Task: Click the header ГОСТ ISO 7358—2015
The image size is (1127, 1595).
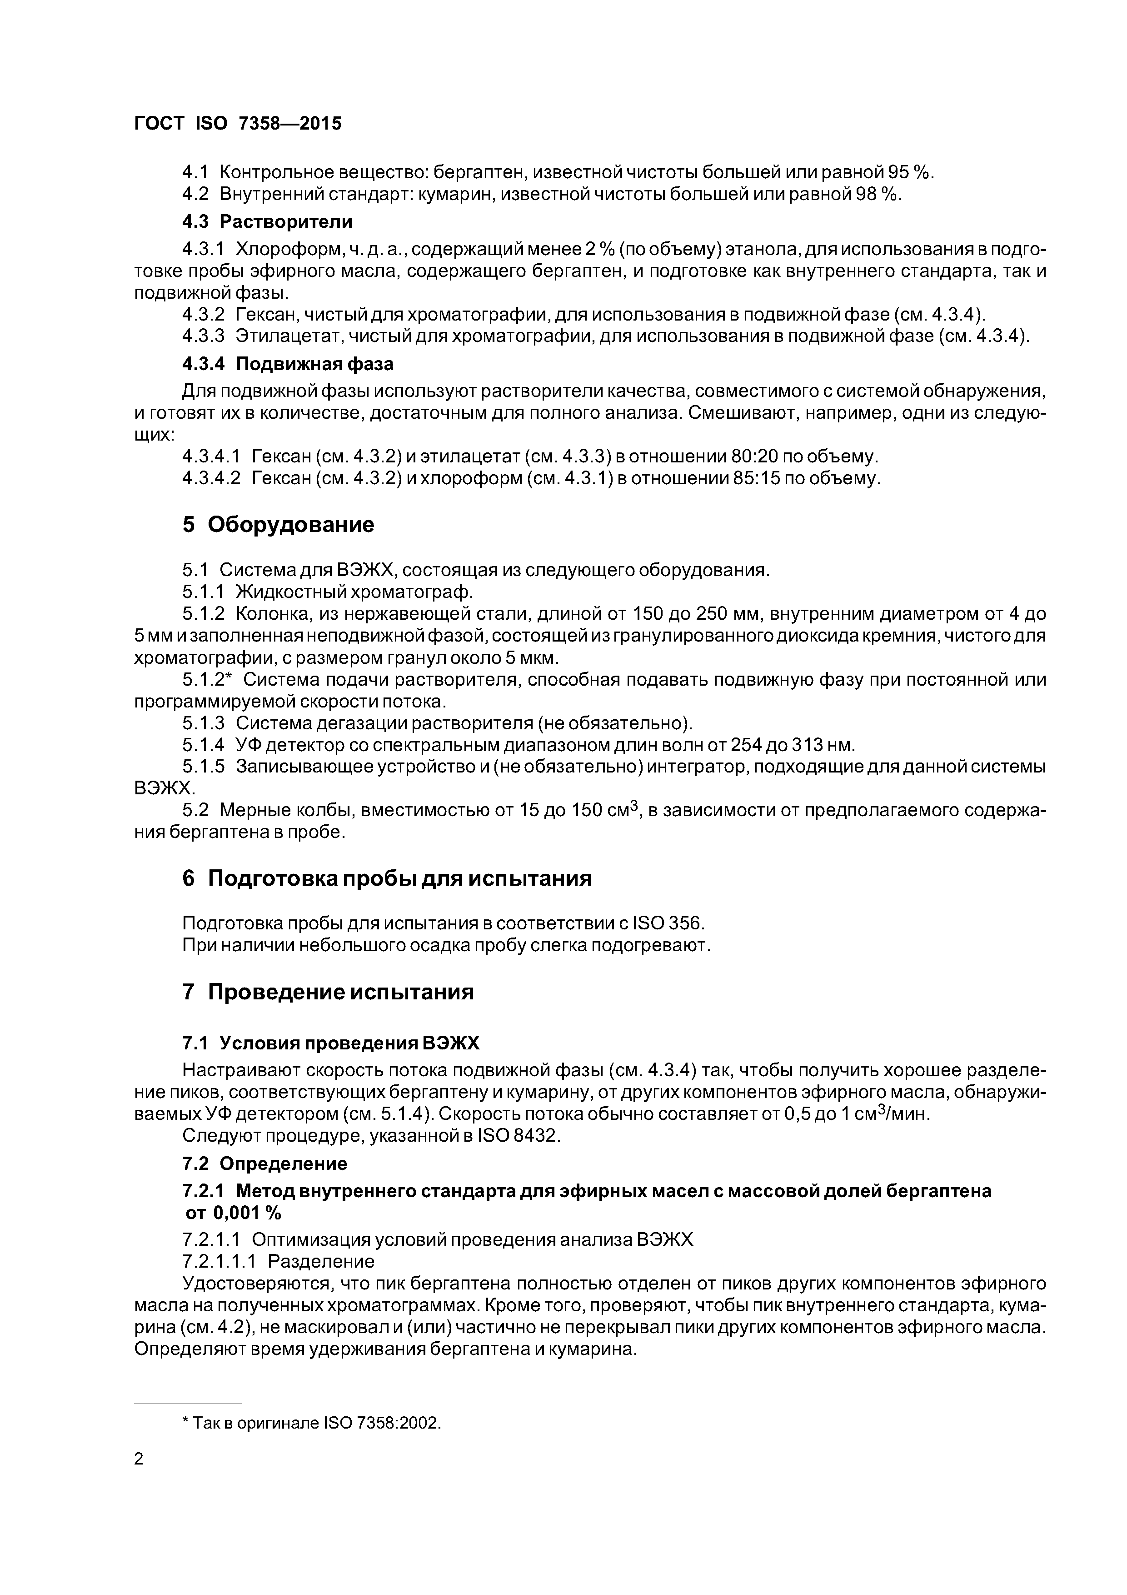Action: (x=238, y=124)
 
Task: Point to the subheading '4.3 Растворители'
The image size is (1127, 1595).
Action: (x=267, y=221)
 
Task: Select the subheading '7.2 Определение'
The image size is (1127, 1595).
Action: (x=264, y=1163)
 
